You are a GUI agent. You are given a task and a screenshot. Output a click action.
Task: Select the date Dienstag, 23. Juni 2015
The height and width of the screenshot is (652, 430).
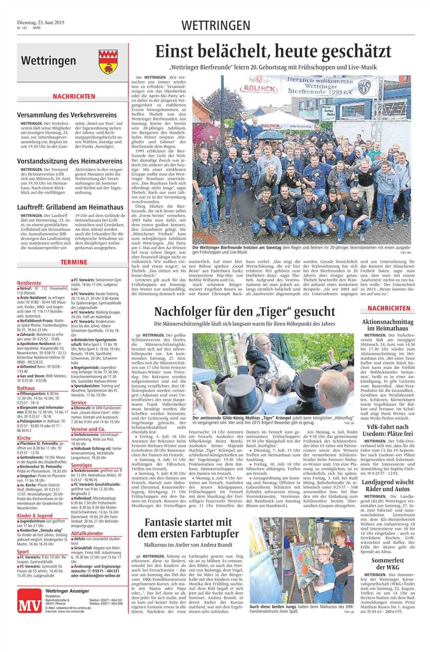[41, 23]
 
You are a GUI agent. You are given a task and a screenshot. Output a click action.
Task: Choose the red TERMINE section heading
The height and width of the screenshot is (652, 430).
[73, 262]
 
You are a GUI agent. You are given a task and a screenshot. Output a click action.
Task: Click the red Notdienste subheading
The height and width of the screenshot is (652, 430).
[29, 283]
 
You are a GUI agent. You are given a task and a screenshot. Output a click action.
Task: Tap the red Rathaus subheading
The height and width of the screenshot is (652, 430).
[26, 388]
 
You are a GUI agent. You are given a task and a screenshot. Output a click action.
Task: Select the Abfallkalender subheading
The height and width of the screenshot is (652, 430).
[87, 533]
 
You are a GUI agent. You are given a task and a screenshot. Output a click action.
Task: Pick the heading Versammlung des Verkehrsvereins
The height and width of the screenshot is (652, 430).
[67, 115]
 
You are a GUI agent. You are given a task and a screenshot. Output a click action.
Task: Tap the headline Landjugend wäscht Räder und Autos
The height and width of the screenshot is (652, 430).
[387, 486]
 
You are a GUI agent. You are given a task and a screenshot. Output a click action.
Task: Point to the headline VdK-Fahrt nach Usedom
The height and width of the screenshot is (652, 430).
[387, 430]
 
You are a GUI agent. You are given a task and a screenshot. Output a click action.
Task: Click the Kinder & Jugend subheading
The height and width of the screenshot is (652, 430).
[35, 516]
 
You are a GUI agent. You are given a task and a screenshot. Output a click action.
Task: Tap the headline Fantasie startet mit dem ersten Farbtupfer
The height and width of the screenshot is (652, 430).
[188, 527]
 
